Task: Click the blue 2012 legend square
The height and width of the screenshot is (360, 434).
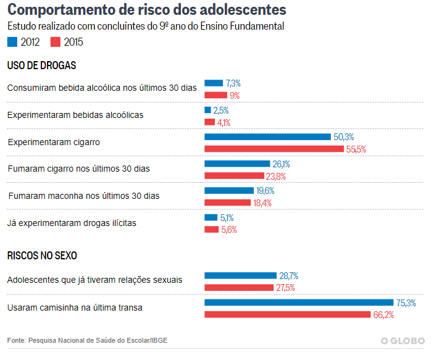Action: point(12,42)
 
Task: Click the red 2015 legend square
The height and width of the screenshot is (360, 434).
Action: point(56,42)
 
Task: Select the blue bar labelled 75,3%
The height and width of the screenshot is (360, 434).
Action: point(299,303)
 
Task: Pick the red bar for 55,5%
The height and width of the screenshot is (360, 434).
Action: point(274,149)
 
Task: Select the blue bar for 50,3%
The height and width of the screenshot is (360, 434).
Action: point(267,137)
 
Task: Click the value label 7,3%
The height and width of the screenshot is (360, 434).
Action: point(233,83)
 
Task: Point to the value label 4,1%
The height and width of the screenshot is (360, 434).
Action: point(223,122)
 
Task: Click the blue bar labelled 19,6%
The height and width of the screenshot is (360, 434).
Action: point(229,191)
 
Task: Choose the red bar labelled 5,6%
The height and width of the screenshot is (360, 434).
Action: point(212,230)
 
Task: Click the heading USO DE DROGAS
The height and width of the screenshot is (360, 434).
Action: point(41,65)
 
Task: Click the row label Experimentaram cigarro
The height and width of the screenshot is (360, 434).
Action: point(54,142)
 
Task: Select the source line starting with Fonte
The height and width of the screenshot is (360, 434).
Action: point(87,340)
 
